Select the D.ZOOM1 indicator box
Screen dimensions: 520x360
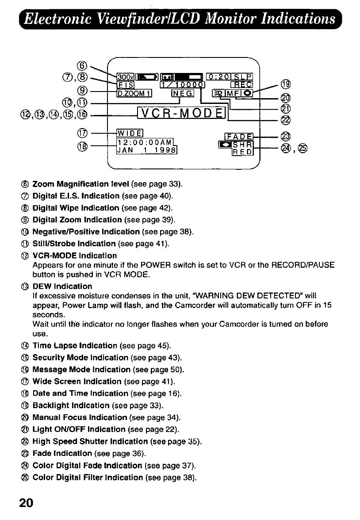point(128,93)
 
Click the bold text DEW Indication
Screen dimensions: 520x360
point(62,286)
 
